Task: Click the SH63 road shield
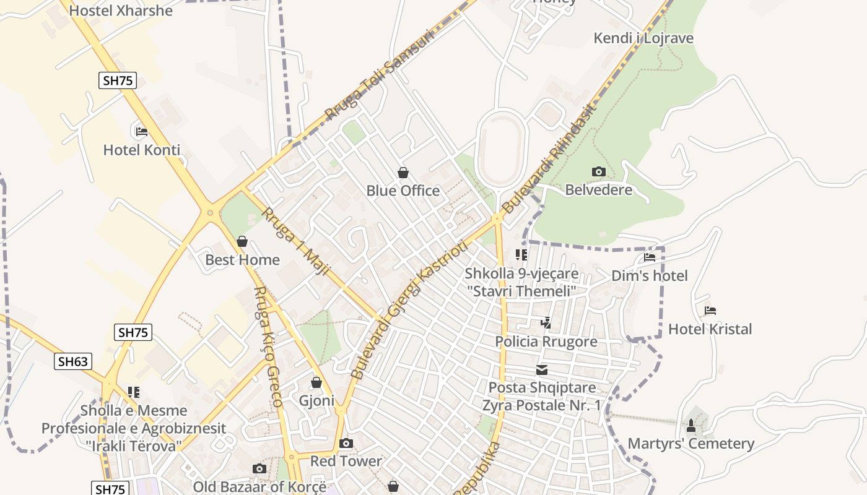tap(73, 361)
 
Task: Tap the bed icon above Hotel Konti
tap(142, 131)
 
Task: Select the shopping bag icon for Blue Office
tap(403, 173)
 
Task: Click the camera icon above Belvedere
tap(598, 171)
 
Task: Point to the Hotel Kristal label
tap(710, 329)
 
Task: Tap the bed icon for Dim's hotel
tap(650, 257)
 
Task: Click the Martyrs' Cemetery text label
tap(691, 444)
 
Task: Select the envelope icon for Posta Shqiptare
tap(542, 370)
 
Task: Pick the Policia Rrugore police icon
tap(546, 322)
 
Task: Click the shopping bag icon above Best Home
tap(242, 241)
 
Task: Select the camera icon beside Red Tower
tap(346, 443)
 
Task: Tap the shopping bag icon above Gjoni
tap(316, 382)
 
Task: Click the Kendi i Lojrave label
tap(643, 38)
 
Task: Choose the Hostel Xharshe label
tap(121, 11)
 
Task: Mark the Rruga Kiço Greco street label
tap(268, 346)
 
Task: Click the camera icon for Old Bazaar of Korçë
tap(259, 468)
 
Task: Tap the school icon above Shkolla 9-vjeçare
tap(521, 255)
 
